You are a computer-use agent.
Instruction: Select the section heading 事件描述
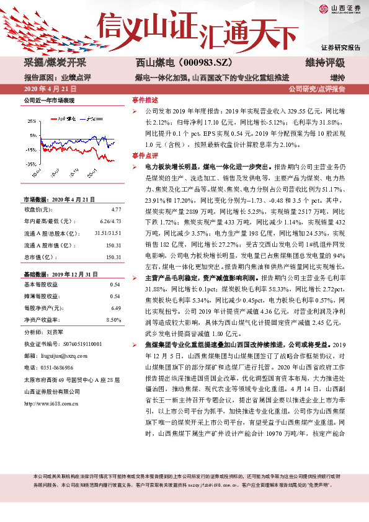click(x=144, y=99)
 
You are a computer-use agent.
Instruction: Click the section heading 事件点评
click(x=144, y=156)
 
